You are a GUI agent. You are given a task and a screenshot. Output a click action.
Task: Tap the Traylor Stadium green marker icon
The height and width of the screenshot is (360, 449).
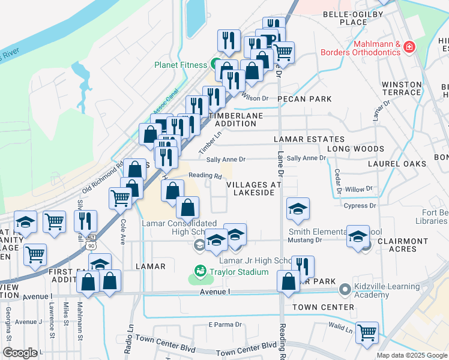pos(200,272)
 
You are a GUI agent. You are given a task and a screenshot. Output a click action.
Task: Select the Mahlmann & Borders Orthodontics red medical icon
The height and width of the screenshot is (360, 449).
pos(409,47)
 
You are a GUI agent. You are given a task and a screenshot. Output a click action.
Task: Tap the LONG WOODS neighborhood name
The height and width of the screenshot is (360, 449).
pos(355,149)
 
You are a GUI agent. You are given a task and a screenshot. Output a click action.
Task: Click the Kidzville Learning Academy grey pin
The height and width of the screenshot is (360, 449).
pos(345,290)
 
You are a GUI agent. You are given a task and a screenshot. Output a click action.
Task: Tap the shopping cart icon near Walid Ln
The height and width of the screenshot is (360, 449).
pos(366,332)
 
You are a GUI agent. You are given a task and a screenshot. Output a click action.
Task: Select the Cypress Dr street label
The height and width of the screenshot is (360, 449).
pos(360,206)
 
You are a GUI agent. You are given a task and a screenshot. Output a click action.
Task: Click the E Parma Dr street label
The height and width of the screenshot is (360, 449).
pos(224,325)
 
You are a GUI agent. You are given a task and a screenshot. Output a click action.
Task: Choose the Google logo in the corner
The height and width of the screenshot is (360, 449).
pos(20,353)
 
